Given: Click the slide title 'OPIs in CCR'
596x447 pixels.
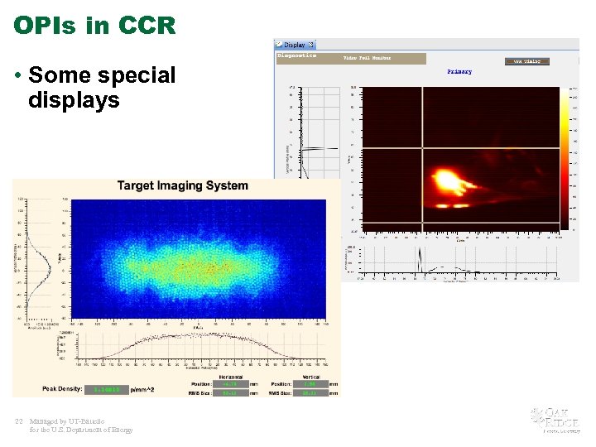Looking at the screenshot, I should (94, 25).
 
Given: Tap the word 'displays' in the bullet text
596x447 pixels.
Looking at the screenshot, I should (74, 101).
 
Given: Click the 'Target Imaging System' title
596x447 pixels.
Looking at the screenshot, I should (182, 185).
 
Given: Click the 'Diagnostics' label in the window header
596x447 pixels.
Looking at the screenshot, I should (297, 55).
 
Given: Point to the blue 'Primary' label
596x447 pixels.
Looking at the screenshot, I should (459, 72).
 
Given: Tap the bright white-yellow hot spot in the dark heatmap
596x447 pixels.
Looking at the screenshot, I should (447, 180).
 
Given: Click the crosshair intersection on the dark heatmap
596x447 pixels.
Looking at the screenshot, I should (423, 148).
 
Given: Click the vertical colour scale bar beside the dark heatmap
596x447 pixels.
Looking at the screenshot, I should (566, 156).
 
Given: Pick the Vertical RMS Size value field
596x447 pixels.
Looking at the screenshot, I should (309, 394).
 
